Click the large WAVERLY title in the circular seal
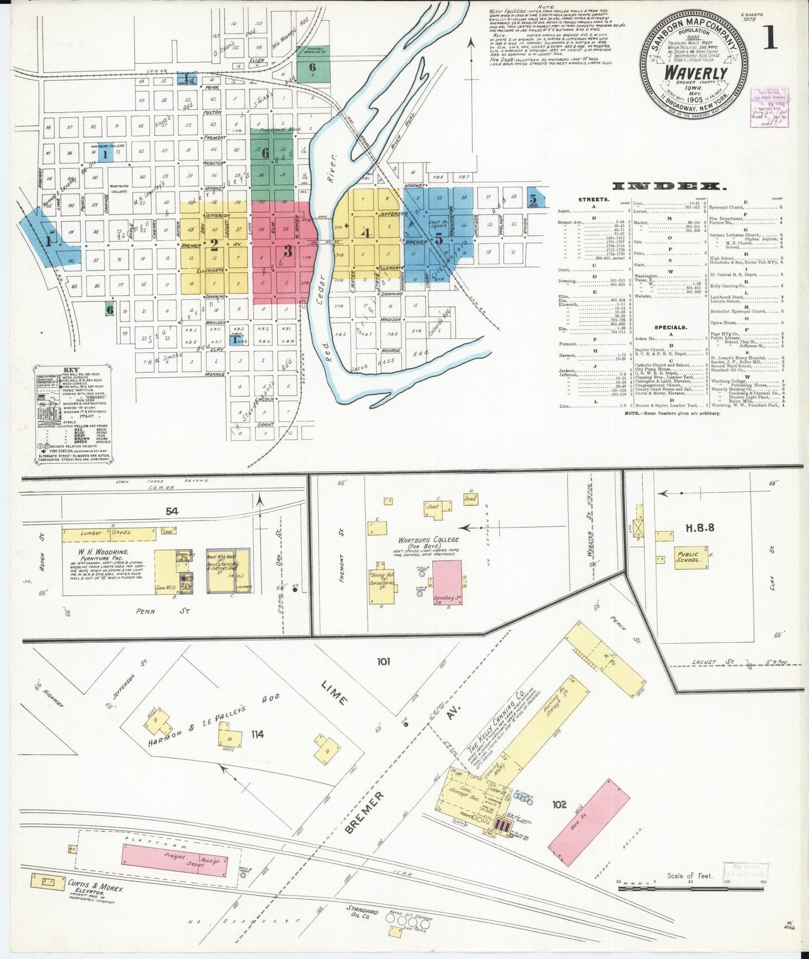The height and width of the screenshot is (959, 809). coord(695,73)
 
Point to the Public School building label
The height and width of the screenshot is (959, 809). coord(688,557)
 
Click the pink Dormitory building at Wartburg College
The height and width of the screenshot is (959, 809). coord(448,582)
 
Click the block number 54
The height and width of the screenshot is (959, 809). coord(171,511)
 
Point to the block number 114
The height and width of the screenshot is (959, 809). coord(258,734)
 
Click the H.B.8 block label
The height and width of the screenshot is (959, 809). coord(699,527)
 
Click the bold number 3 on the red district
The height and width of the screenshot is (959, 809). coord(288,251)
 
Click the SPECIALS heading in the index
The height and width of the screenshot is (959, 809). coord(670,327)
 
